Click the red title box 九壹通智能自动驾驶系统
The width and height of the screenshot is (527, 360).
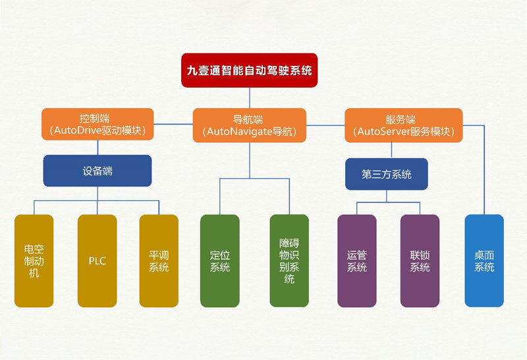[x=250, y=71]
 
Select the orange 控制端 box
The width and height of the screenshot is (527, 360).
[x=97, y=124]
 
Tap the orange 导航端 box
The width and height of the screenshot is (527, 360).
[x=250, y=125]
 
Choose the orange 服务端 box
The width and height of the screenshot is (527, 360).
[x=404, y=125]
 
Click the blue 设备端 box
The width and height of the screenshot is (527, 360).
[x=97, y=171]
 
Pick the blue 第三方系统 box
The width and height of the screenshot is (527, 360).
[x=387, y=174]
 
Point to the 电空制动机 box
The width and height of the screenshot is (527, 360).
[x=34, y=260]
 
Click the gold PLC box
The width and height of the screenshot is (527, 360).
[x=97, y=260]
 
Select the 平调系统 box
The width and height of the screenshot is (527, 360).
[x=159, y=260]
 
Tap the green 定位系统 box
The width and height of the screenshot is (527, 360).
[x=220, y=260]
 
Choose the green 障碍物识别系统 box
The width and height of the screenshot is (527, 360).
[x=289, y=260]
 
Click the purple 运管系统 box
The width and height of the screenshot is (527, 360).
[x=357, y=260]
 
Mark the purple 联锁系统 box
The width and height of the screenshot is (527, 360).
[x=420, y=260]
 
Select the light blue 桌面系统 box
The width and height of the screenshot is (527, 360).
[x=484, y=260]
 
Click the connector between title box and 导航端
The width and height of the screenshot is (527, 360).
[x=250, y=98]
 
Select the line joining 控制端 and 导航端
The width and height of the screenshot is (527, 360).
[x=173, y=124]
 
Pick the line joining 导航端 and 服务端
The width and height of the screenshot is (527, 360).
[x=325, y=125]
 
